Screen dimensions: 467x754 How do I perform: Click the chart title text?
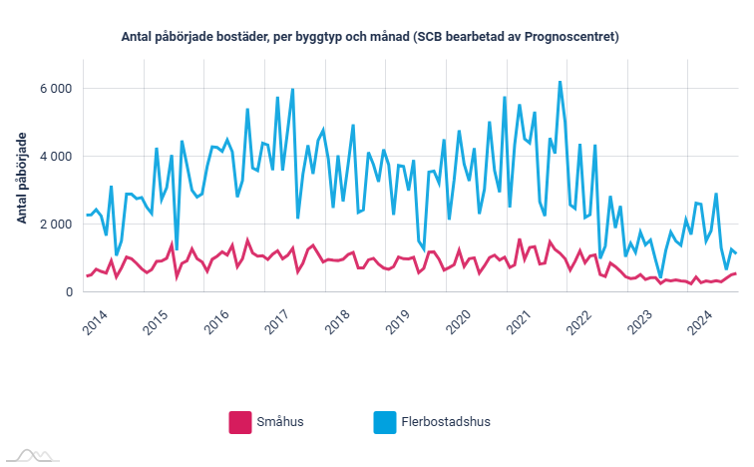tap(370, 37)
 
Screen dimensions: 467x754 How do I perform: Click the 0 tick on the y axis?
tap(68, 292)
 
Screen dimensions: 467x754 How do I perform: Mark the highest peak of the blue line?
tap(561, 82)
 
